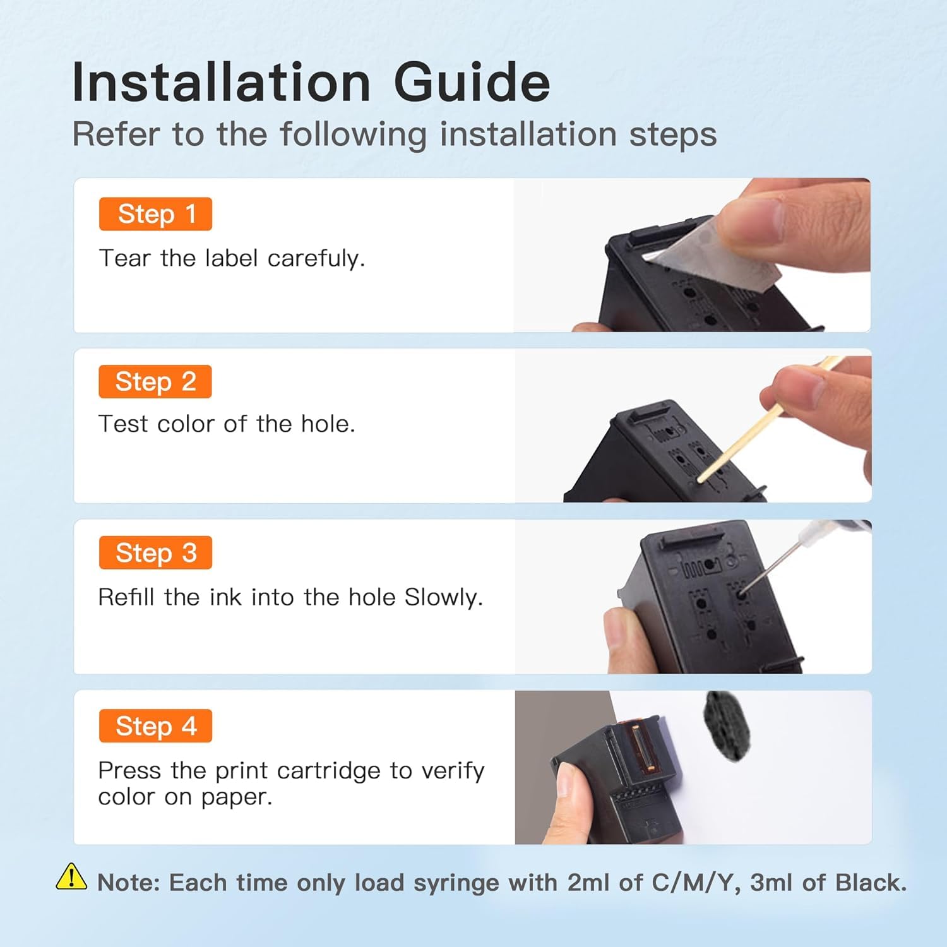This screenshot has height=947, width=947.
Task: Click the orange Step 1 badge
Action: tap(155, 214)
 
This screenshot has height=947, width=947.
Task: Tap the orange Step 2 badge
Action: tap(155, 381)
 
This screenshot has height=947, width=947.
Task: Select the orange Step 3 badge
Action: tap(155, 552)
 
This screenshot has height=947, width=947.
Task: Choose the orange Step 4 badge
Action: tap(155, 726)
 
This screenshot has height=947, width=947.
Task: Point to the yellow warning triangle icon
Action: tap(71, 876)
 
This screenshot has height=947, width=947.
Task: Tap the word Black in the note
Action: tap(871, 883)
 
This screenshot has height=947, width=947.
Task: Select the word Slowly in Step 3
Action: tap(444, 597)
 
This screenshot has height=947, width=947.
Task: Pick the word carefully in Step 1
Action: tap(316, 259)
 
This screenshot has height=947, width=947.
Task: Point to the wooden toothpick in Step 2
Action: tap(770, 420)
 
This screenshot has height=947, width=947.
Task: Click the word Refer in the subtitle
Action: tap(116, 134)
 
